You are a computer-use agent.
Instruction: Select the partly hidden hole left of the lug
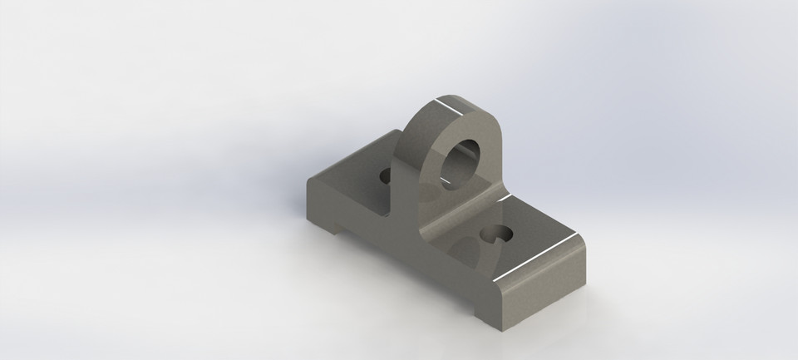pos(386,176)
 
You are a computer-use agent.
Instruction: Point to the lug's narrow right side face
pos(499,166)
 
